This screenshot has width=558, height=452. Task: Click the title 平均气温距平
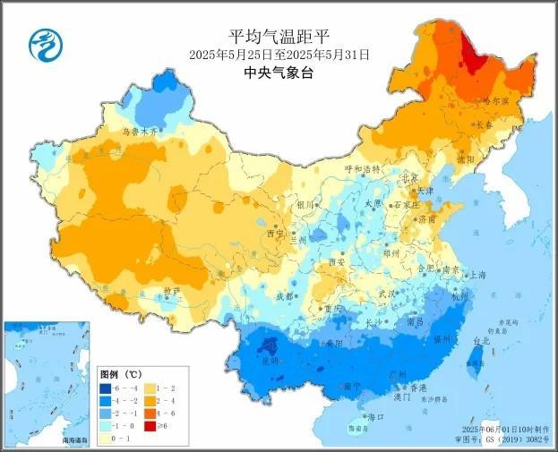(279, 37)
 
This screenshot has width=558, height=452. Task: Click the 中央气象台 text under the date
(279, 74)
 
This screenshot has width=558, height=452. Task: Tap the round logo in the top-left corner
(41, 41)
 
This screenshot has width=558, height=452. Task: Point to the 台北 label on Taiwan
(481, 341)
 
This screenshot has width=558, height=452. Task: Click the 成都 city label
(284, 295)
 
